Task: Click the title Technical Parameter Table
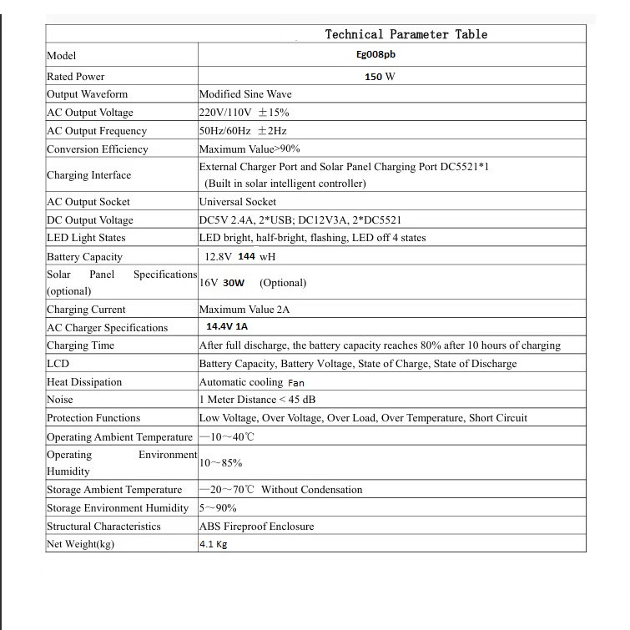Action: pos(406,34)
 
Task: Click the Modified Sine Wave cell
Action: pos(244,94)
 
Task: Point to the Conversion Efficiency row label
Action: pos(97,149)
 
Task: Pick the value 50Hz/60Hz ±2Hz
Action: pos(244,131)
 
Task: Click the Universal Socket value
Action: pos(237,202)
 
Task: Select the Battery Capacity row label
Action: pos(84,257)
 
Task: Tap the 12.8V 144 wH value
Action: pos(240,257)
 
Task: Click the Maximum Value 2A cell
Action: pos(244,310)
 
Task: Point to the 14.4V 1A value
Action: pos(227,327)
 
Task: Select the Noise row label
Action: pos(60,400)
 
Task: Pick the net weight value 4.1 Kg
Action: pos(213,545)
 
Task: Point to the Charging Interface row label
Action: pos(88,175)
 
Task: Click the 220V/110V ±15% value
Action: pos(244,113)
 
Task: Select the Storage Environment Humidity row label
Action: pos(112,508)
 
